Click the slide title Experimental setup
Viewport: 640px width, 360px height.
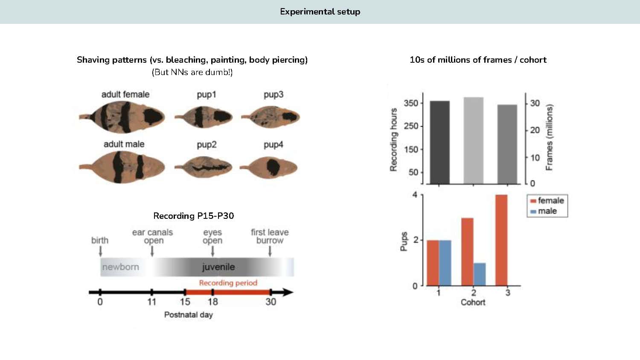click(320, 12)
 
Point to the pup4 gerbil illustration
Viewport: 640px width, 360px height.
click(270, 167)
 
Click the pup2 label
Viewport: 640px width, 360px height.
click(207, 145)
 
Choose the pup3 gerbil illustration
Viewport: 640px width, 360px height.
click(271, 117)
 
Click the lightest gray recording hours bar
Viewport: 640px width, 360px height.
click(474, 141)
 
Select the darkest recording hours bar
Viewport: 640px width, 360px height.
click(439, 142)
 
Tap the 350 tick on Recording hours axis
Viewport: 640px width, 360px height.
click(411, 103)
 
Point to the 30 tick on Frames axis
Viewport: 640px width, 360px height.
click(535, 103)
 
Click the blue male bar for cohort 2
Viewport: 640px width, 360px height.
click(480, 274)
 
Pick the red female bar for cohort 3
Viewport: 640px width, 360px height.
click(501, 240)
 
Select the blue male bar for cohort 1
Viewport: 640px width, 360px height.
click(445, 263)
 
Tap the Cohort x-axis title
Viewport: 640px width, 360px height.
click(473, 302)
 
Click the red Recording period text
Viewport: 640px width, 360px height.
click(228, 283)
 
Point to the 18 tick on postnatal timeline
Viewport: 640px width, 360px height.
click(212, 302)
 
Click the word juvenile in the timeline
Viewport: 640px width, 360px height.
click(218, 267)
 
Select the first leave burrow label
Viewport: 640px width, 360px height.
click(270, 236)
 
